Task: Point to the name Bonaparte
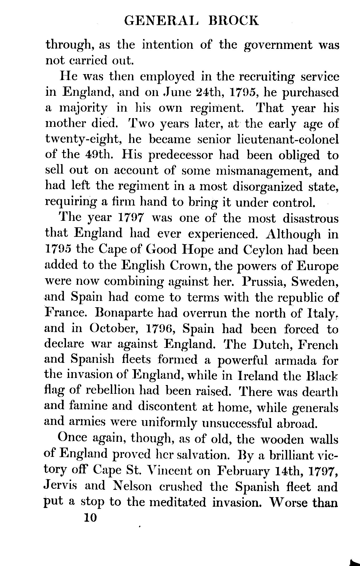122,313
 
